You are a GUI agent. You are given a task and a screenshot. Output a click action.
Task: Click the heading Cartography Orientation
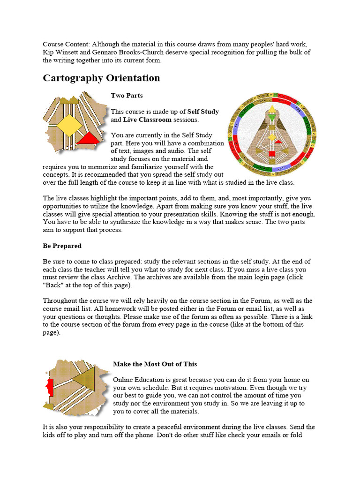(101, 78)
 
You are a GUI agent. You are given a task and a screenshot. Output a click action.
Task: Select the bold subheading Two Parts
(127, 96)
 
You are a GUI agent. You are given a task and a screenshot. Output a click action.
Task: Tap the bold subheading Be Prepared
(62, 246)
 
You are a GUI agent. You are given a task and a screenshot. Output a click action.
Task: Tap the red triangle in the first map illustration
(88, 138)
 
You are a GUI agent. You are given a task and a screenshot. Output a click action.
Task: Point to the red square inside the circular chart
(270, 154)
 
